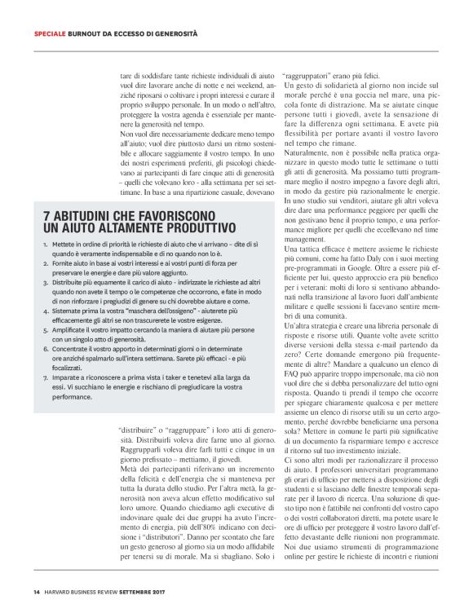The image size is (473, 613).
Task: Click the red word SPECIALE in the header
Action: (51, 33)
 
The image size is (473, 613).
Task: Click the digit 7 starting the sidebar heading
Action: (46, 216)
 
